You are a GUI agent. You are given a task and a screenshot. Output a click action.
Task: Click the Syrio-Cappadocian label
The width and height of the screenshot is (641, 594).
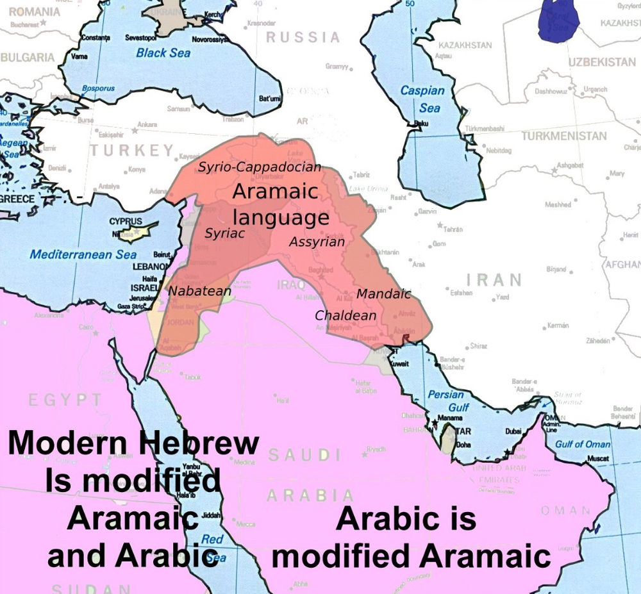259,167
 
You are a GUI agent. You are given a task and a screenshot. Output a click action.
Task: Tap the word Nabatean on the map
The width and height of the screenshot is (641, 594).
199,292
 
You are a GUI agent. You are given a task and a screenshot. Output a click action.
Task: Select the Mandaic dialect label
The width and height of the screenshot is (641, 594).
383,294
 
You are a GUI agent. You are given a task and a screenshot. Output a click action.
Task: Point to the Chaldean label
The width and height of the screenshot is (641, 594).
345,315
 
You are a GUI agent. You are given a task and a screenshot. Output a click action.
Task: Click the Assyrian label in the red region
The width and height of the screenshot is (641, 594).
317,242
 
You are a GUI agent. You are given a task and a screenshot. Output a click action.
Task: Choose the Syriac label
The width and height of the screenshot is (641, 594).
224,233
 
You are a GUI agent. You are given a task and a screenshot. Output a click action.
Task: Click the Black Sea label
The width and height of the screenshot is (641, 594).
163,53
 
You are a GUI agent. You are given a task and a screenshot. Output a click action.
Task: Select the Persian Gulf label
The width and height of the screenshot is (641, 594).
449,401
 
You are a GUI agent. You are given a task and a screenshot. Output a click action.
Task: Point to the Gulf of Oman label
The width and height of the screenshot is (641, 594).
582,444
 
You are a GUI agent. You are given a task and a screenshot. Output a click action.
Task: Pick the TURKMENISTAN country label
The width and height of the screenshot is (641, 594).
563,136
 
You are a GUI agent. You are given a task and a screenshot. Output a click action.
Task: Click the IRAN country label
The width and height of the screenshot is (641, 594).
494,279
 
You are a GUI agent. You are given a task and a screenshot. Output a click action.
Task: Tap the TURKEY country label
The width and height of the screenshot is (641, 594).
131,151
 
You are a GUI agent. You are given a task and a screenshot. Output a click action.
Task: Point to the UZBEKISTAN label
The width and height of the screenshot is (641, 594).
601,62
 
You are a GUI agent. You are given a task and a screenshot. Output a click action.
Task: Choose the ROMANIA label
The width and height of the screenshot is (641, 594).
33,12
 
